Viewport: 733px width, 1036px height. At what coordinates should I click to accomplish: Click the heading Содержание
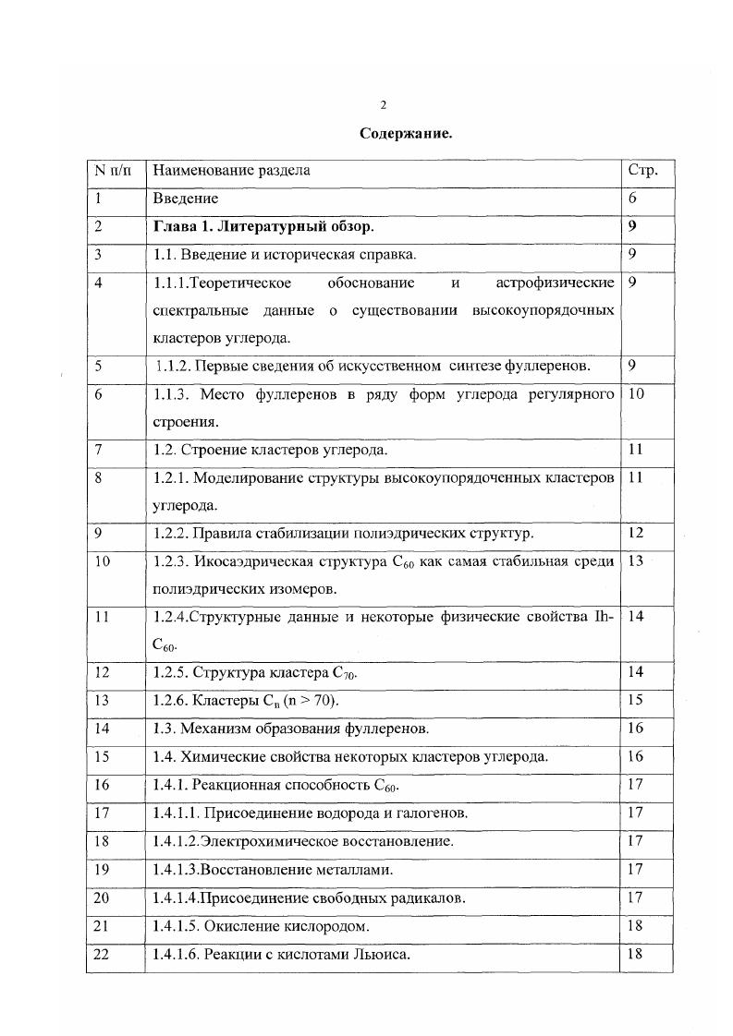(x=405, y=134)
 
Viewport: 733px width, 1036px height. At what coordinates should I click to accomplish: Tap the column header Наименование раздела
(x=231, y=170)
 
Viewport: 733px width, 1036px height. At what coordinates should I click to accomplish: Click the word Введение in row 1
(x=186, y=199)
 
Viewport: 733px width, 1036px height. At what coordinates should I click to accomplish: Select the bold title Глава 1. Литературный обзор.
(x=264, y=226)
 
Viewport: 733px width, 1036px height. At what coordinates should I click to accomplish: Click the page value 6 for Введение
(x=633, y=199)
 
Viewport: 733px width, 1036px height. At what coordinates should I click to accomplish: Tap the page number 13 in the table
(x=635, y=560)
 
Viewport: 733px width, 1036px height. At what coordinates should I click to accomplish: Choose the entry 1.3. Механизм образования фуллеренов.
(x=291, y=729)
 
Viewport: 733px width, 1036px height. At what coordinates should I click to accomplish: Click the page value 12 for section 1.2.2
(x=635, y=533)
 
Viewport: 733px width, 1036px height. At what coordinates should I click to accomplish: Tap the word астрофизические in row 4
(x=555, y=282)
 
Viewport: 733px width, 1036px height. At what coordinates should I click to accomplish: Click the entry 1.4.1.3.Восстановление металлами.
(x=274, y=870)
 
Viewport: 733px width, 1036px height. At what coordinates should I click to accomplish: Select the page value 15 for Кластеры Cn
(x=635, y=701)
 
